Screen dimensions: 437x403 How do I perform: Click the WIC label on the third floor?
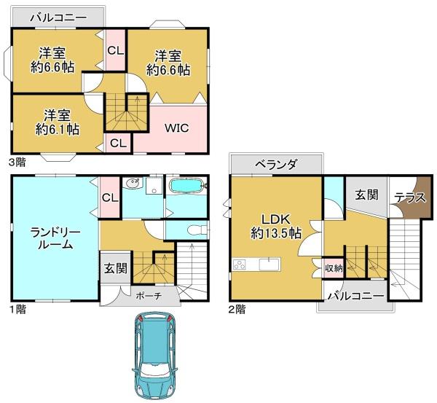(177, 128)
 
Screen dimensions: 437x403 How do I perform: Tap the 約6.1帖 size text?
(58, 130)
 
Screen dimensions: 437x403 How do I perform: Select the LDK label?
(276, 219)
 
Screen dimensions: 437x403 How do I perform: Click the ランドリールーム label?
(55, 238)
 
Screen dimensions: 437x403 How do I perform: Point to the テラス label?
(410, 197)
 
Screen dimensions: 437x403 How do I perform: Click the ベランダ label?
(276, 164)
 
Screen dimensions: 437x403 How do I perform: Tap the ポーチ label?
(149, 296)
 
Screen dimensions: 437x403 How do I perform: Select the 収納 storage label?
(334, 268)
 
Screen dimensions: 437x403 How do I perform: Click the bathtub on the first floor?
(186, 185)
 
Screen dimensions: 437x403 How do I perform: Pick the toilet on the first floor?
(198, 230)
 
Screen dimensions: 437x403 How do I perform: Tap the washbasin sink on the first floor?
(132, 184)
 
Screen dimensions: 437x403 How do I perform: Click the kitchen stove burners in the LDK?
(240, 265)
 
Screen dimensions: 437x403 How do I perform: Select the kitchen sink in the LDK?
(269, 264)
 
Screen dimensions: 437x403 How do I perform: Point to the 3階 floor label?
(17, 162)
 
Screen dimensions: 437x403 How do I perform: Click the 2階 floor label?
(237, 309)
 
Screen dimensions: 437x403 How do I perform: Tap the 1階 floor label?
(17, 309)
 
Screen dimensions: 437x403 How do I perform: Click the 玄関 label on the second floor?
(366, 195)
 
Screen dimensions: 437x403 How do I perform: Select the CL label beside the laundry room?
(110, 197)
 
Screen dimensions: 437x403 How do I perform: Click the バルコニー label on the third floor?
(58, 18)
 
